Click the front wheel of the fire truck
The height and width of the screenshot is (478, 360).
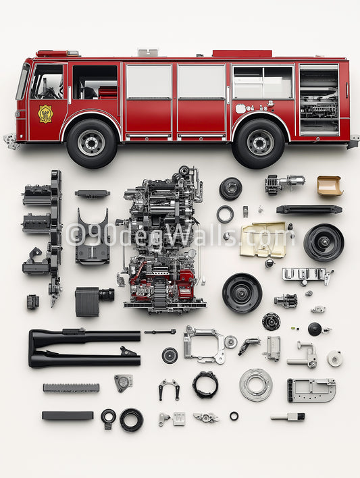[91, 142]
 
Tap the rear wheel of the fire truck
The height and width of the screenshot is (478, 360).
[259, 142]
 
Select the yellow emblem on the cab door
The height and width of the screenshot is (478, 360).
[45, 113]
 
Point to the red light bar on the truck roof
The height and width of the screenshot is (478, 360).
[242, 53]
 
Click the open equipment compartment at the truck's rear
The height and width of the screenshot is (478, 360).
[319, 100]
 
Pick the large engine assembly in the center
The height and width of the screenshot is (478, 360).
[162, 240]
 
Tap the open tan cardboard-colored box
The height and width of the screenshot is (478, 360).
[329, 186]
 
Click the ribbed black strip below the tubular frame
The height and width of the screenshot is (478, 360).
[71, 388]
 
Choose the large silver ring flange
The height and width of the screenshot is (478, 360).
[256, 385]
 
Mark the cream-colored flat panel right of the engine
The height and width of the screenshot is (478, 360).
[263, 240]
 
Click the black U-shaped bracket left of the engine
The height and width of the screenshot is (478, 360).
[93, 236]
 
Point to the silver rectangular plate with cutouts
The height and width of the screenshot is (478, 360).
[311, 390]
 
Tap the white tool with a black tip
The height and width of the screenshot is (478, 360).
[288, 417]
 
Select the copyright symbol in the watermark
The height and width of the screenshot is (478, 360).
[76, 234]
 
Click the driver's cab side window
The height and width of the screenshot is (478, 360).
[47, 82]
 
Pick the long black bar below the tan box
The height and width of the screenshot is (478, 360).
[309, 209]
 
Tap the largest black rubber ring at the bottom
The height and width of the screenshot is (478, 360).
[131, 420]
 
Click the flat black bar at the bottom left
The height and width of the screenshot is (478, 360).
[68, 416]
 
